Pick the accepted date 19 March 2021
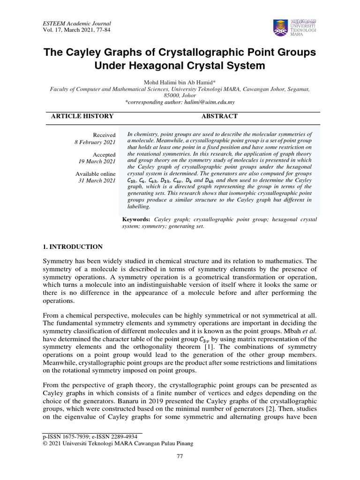tap(97, 162)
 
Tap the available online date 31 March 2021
tap(97, 181)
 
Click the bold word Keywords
tap(136, 219)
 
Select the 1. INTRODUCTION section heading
tap(73, 247)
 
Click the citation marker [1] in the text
tap(238, 346)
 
